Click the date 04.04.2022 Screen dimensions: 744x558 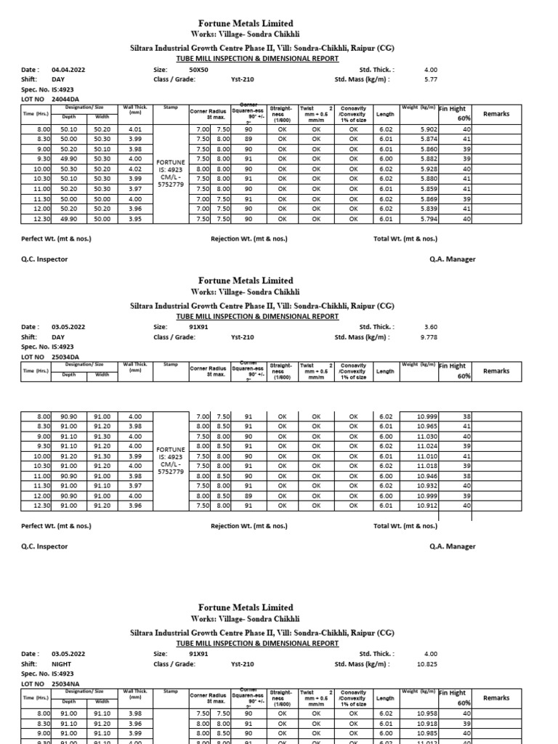click(x=68, y=70)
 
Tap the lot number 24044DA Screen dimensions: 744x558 click(x=65, y=100)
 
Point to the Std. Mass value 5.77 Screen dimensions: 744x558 click(x=430, y=80)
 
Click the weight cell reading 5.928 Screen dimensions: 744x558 click(x=429, y=169)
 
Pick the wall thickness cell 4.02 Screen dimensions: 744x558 click(x=134, y=169)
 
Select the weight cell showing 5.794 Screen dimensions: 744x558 click(x=429, y=219)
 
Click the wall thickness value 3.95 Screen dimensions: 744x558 click(x=134, y=219)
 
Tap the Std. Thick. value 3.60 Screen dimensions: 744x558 click(x=430, y=327)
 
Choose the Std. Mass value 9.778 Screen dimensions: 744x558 click(x=429, y=337)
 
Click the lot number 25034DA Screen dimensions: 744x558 click(x=65, y=357)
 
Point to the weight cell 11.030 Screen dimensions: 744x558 click(x=427, y=436)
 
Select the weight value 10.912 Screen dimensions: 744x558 click(x=427, y=506)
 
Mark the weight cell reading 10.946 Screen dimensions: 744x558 click(x=427, y=476)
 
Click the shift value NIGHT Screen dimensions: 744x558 click(x=62, y=664)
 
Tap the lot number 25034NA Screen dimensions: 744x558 click(x=65, y=684)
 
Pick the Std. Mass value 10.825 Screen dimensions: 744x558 click(x=427, y=664)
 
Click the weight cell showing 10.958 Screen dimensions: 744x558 click(x=427, y=714)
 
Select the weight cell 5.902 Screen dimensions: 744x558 click(x=429, y=129)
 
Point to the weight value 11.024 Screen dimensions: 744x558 click(x=427, y=446)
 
